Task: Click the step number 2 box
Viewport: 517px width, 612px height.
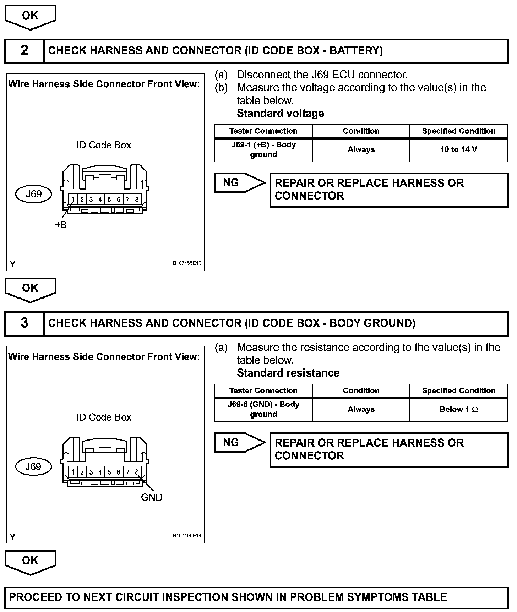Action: click(x=24, y=51)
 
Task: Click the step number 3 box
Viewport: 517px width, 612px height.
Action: click(x=24, y=323)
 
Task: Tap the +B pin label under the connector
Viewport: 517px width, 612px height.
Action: click(x=61, y=225)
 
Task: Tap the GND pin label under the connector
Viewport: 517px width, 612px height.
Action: click(x=152, y=497)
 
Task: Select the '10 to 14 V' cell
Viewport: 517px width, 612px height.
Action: click(x=458, y=150)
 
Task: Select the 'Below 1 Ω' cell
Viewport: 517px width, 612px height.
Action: click(x=458, y=410)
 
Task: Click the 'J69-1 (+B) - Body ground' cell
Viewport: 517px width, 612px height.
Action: click(x=263, y=150)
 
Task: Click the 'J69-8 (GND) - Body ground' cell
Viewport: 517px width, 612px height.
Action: click(x=263, y=410)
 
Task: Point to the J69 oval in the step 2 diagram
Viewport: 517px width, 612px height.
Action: click(x=34, y=194)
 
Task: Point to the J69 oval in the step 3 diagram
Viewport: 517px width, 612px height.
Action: click(x=34, y=467)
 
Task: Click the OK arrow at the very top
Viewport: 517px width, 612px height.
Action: click(x=30, y=17)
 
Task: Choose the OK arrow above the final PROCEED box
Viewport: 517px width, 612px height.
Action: click(x=30, y=562)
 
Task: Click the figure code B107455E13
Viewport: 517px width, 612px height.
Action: click(x=187, y=263)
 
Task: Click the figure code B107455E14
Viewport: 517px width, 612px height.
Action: click(x=187, y=536)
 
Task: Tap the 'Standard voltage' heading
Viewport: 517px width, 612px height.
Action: click(x=280, y=114)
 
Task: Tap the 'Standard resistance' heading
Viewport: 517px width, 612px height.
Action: click(x=288, y=373)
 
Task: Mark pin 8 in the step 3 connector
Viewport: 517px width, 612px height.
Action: click(x=137, y=472)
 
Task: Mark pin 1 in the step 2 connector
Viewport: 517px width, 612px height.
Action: click(x=72, y=200)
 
